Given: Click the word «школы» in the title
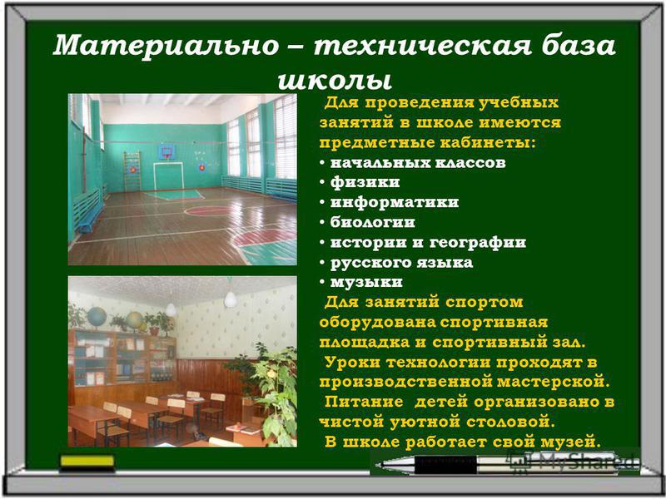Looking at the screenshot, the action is tap(335, 80).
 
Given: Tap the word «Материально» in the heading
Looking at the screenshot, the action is tap(166, 46).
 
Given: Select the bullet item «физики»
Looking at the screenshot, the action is tap(365, 182).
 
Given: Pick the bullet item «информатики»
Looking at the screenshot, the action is tap(395, 202).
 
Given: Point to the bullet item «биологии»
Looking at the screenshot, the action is tap(372, 222).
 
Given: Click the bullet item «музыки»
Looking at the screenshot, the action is tap(366, 282).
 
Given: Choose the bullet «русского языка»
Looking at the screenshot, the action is tap(401, 263).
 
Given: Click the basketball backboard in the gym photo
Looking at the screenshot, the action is tap(166, 152).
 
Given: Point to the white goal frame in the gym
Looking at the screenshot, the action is tap(169, 176).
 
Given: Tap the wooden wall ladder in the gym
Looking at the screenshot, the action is tap(132, 172).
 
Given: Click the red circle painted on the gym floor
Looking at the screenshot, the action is tap(210, 210).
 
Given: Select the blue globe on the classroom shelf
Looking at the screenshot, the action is tap(97, 317).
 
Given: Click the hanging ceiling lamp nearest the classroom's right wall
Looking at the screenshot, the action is tap(231, 299).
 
